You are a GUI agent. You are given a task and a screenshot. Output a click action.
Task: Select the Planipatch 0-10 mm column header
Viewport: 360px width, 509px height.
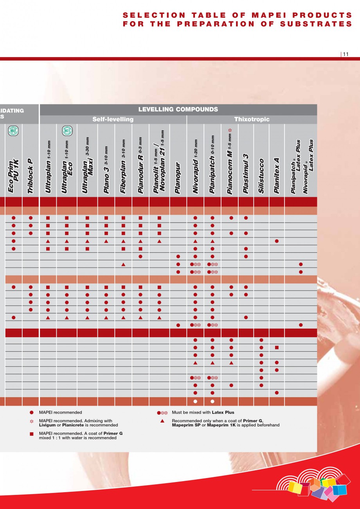212,164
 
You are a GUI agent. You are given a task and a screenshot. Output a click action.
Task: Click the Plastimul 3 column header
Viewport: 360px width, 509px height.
246,174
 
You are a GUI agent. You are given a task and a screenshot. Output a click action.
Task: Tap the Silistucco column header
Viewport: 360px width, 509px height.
261,176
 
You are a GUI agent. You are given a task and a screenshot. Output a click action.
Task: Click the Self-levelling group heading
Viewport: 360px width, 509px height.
113,119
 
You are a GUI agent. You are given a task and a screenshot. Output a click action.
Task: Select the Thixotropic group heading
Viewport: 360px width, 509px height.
252,119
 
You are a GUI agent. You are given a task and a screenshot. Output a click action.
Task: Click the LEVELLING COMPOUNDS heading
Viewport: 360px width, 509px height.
178,110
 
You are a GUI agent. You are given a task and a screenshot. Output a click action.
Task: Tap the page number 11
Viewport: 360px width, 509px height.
346,54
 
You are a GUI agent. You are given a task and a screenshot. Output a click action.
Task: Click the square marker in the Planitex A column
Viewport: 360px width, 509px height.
277,348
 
